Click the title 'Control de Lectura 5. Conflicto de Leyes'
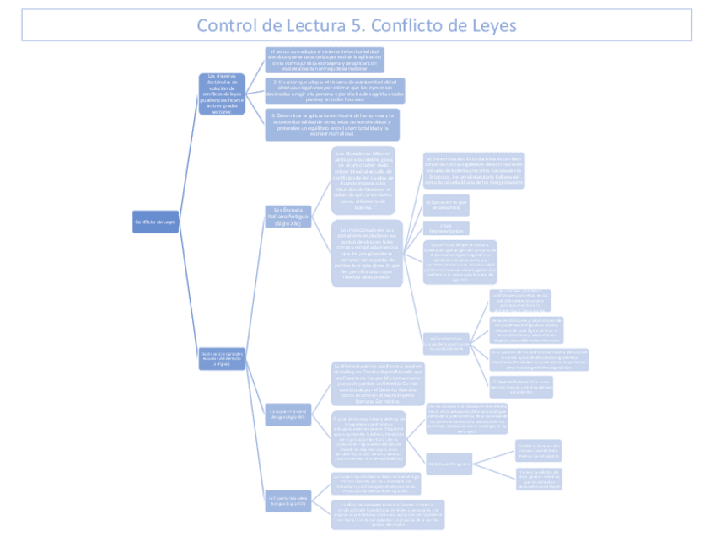click(357, 24)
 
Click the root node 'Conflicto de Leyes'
click(156, 222)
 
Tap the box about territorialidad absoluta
click(325, 60)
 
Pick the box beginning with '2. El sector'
click(335, 90)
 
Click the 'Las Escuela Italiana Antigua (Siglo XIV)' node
click(282, 217)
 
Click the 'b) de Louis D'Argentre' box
click(448, 463)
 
